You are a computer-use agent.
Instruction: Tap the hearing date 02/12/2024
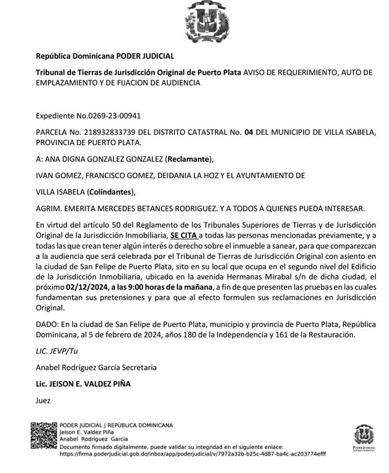tap(88, 288)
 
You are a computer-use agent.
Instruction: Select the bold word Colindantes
tap(110, 192)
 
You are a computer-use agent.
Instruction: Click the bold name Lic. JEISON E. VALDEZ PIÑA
tap(83, 383)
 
